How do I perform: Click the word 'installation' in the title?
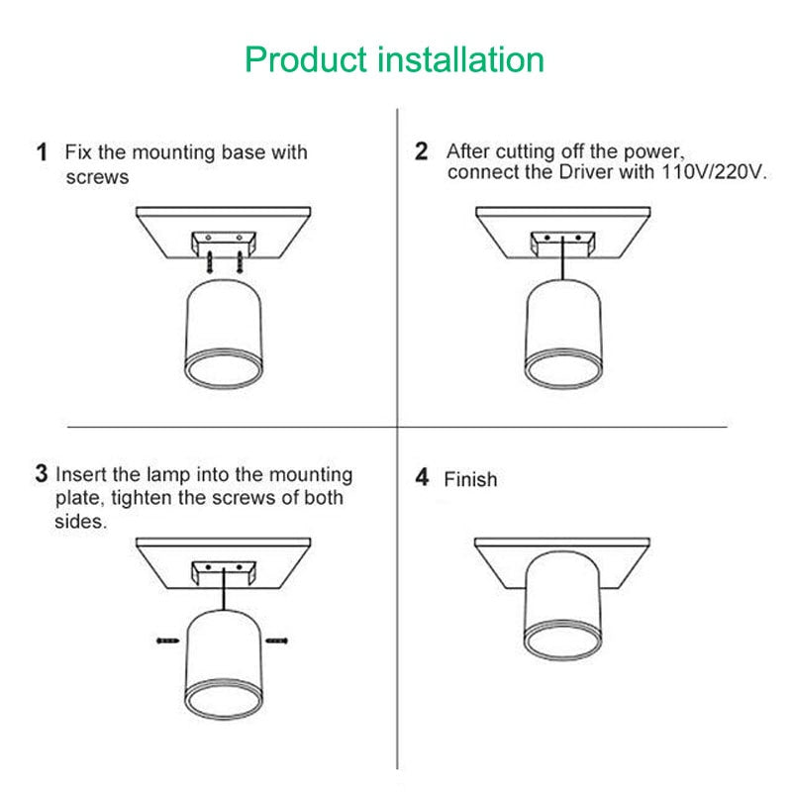(x=461, y=59)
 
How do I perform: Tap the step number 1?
(x=42, y=152)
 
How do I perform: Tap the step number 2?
(x=422, y=151)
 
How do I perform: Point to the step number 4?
(x=423, y=478)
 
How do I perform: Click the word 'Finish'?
(x=470, y=479)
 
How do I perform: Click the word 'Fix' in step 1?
(x=80, y=152)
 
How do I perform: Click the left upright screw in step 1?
(x=211, y=261)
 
